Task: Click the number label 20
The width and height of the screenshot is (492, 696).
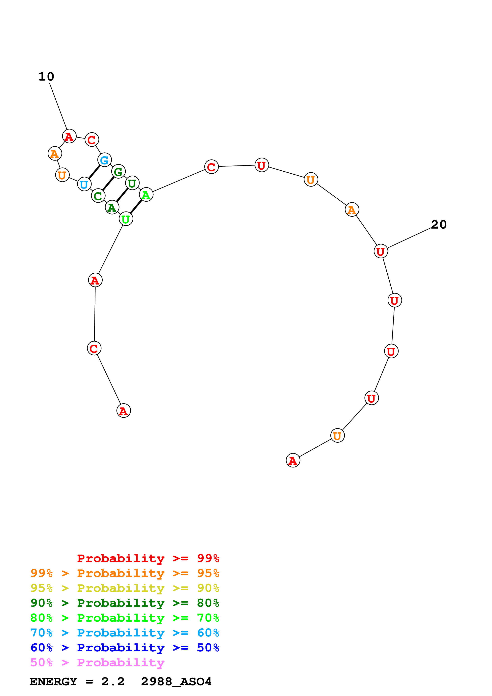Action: click(438, 225)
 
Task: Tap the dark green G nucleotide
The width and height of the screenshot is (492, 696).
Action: click(118, 172)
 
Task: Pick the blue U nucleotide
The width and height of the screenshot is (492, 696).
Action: click(84, 184)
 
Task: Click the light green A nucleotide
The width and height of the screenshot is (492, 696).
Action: click(146, 195)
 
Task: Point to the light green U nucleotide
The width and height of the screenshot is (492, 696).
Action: click(126, 219)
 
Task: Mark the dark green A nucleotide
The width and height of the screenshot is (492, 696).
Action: click(112, 207)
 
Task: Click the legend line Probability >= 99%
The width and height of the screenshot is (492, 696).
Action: click(148, 558)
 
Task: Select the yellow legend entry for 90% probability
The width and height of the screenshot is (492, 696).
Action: click(125, 588)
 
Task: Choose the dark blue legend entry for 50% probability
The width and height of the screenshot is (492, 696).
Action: click(125, 648)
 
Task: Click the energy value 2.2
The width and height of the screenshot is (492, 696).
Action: click(113, 682)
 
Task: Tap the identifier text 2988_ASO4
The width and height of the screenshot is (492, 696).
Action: click(176, 682)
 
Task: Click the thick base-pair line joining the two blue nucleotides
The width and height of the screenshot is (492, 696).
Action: click(94, 172)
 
